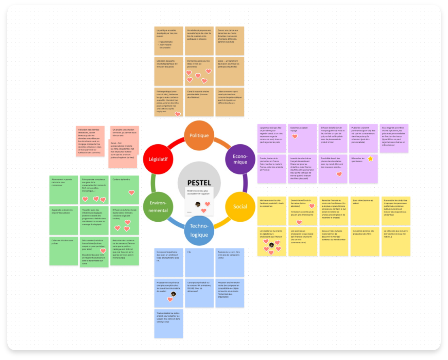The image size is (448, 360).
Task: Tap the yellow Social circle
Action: (240, 206)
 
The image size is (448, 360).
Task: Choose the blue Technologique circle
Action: (199, 230)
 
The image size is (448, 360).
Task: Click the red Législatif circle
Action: (158, 159)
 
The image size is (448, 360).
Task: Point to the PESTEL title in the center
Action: (199, 182)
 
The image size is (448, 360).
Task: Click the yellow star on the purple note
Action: (370, 159)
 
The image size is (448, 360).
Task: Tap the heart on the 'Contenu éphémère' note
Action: (131, 193)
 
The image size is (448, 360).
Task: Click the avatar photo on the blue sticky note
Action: (173, 294)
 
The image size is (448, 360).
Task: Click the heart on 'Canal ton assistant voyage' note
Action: (295, 137)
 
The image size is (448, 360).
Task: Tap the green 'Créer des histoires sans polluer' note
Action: (64, 251)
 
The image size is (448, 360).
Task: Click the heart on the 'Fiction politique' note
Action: (177, 114)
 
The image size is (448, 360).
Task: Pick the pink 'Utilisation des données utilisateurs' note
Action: (90, 141)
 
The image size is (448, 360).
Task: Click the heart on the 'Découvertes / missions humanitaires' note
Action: (103, 251)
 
